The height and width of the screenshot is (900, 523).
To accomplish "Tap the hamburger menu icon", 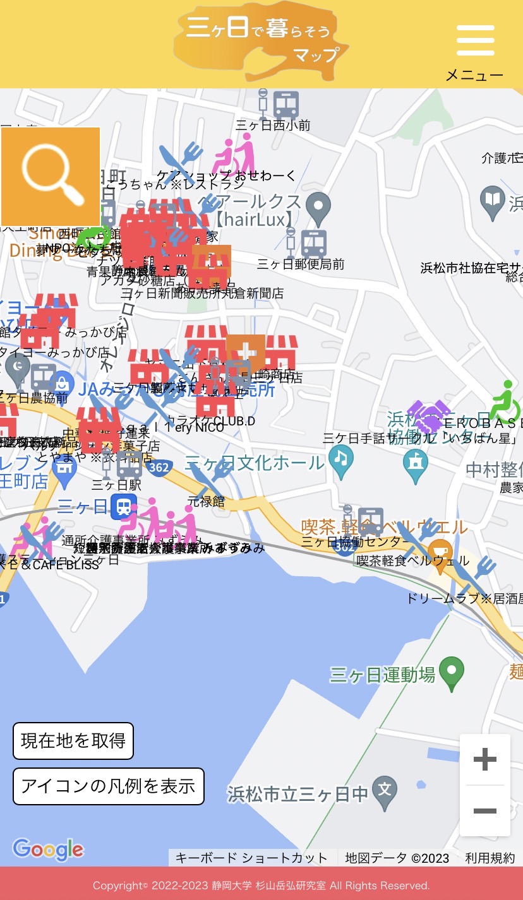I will point(475,41).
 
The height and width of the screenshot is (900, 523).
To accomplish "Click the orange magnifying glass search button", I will point(51,176).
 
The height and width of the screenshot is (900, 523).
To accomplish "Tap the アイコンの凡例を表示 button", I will point(109,786).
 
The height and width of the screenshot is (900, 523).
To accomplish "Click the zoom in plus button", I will point(484,759).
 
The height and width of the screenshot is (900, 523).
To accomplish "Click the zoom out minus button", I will point(484,811).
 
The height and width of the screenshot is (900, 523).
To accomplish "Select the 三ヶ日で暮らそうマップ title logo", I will point(261,41).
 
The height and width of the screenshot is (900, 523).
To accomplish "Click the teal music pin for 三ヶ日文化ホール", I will point(341,461).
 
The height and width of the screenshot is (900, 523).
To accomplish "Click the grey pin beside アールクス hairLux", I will point(318,207).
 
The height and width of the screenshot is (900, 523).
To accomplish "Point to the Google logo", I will point(48,850).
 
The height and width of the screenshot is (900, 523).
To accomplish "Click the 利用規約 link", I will point(490,858).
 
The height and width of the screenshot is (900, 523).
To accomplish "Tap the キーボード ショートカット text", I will point(251,858).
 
